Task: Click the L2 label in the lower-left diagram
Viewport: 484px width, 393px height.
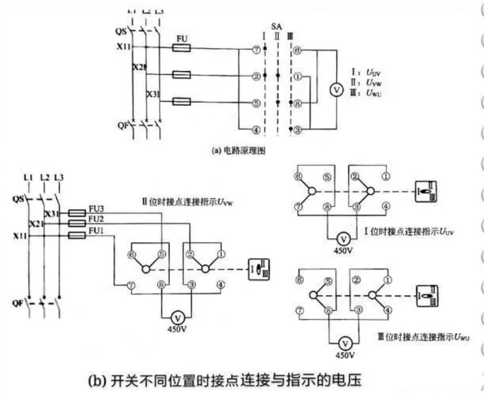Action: (x=44, y=178)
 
